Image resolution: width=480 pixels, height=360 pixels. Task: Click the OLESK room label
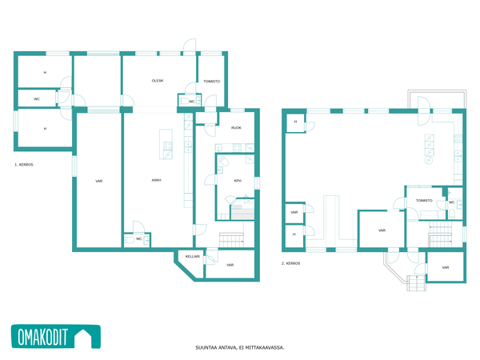point(158,81)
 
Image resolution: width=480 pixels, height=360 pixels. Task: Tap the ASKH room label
point(157,180)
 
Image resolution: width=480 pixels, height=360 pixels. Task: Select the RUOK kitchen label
point(236,128)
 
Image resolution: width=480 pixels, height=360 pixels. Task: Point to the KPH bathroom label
point(238,181)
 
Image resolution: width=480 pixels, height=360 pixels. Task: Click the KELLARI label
point(193,257)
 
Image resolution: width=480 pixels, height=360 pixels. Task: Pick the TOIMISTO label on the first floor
point(211,82)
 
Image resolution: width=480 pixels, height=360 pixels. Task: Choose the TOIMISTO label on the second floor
point(424,201)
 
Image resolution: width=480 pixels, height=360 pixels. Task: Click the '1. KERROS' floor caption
point(24,165)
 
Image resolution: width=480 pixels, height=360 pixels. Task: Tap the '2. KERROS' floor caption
point(291,263)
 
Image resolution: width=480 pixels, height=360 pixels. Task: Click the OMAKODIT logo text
point(42,337)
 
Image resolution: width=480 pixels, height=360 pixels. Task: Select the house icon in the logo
point(83,337)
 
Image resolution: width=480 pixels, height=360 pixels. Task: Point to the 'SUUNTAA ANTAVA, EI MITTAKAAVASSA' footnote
point(240,348)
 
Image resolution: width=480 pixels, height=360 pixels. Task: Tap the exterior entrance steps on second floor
point(416,283)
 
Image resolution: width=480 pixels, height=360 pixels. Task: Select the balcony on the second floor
point(437,99)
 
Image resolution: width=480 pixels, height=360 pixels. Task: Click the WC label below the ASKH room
point(139,239)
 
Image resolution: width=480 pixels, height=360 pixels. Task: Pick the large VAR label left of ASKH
point(99,182)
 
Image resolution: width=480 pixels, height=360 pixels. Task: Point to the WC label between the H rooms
point(37,99)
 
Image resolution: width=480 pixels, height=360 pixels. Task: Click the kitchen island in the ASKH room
point(166,144)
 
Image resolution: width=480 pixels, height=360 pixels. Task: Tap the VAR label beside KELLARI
point(230,265)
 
